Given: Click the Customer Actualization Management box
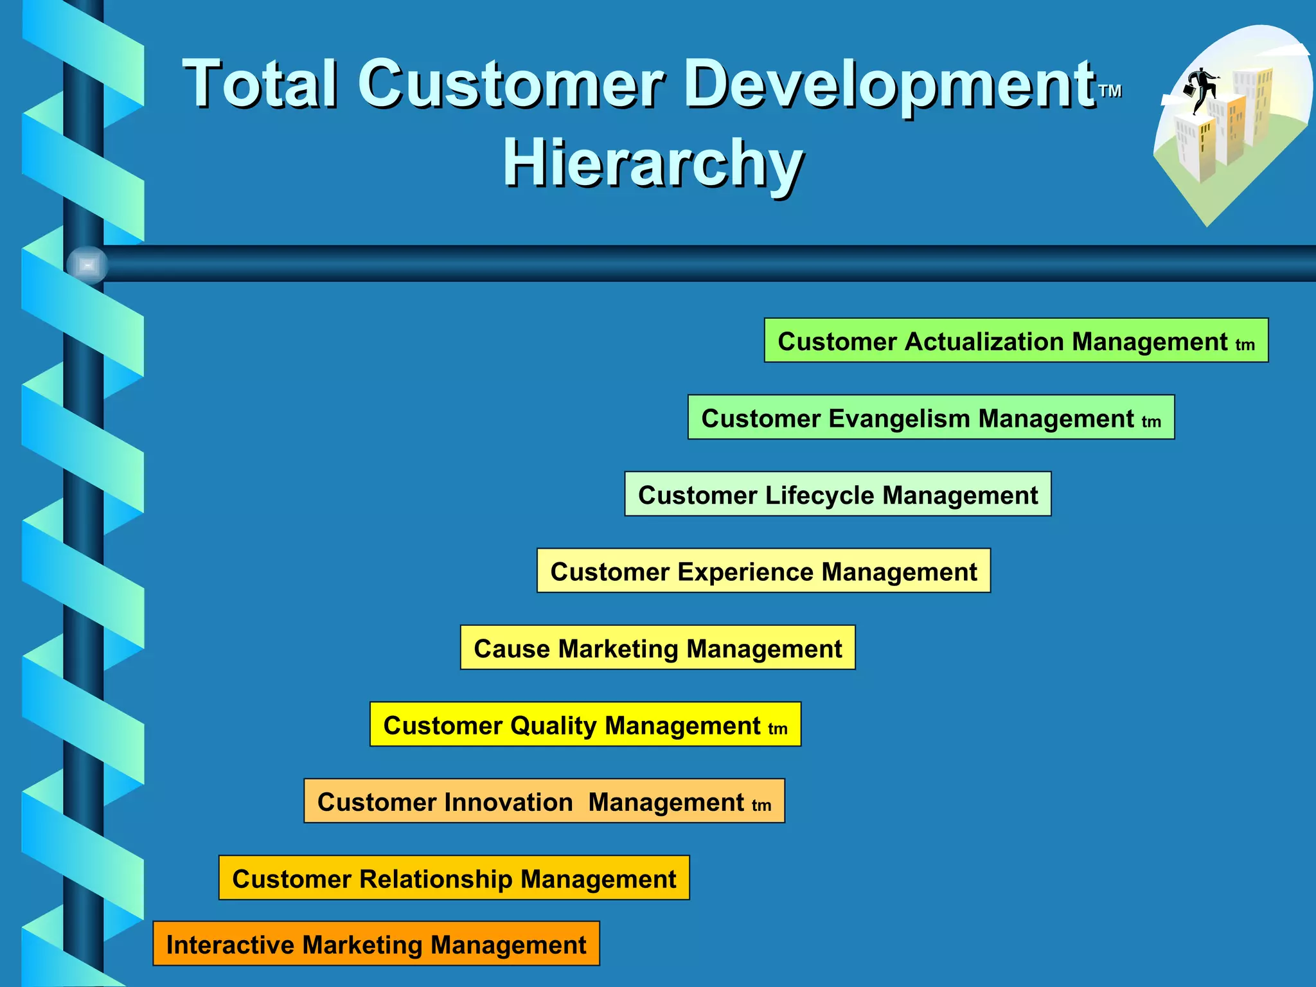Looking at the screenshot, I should click(1015, 341).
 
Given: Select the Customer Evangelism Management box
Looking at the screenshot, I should click(930, 418).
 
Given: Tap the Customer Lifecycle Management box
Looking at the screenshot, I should click(837, 494).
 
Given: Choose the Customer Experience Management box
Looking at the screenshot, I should click(763, 571).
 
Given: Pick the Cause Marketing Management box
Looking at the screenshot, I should click(657, 648).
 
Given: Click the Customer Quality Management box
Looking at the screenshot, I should click(585, 724).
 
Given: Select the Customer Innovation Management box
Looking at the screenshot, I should click(544, 801).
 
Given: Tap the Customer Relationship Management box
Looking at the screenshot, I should click(454, 878).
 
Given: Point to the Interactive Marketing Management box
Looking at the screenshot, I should click(376, 944).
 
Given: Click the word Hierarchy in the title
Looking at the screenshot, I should click(652, 164).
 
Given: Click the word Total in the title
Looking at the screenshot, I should click(260, 84).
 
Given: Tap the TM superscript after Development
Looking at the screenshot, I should click(1110, 91).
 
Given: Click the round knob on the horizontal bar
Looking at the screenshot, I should click(87, 265).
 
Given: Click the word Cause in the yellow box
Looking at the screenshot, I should click(511, 648).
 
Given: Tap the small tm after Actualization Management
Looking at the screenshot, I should click(1245, 345).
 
